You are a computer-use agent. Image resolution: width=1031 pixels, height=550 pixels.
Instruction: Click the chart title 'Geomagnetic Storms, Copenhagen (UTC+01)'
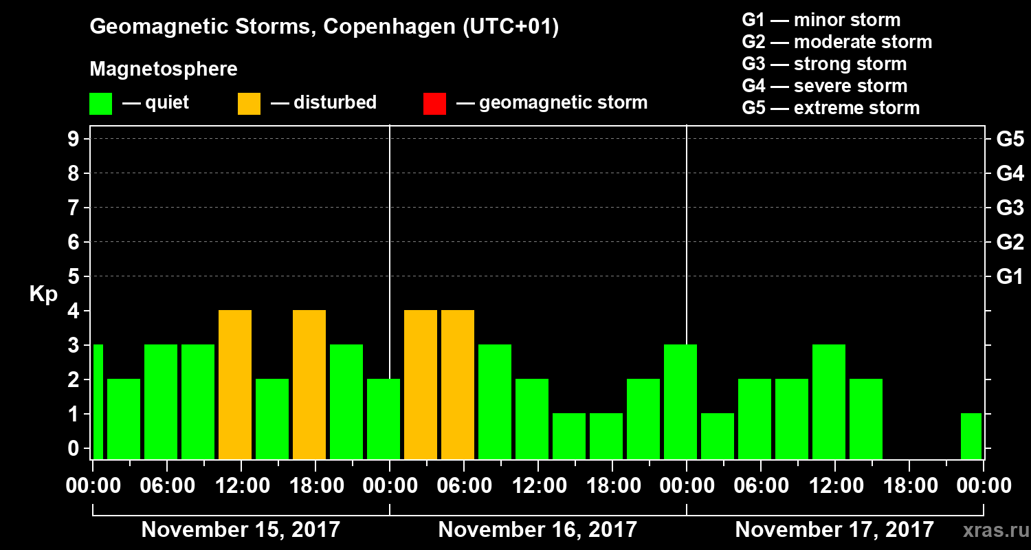324,27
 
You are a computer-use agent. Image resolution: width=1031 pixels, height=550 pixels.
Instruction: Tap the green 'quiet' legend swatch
100,103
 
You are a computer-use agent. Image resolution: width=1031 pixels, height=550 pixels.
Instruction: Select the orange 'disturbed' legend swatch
249,103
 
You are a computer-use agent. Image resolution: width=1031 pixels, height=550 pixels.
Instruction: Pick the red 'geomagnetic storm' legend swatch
434,103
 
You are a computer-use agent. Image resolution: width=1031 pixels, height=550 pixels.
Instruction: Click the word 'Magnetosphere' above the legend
164,69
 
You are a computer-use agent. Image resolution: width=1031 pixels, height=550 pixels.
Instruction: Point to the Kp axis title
43,294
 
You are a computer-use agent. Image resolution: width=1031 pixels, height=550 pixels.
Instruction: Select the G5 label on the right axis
1010,140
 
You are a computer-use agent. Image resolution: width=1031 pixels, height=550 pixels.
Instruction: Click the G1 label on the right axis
1010,277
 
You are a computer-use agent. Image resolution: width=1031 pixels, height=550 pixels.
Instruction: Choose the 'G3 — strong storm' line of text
824,64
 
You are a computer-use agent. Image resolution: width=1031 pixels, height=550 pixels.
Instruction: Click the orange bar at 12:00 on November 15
235,384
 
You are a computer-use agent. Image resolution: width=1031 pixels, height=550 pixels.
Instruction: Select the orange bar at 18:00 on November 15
309,384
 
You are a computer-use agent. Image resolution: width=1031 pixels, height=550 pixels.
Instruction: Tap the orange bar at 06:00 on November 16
458,384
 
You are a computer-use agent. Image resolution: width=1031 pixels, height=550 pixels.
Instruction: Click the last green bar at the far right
971,436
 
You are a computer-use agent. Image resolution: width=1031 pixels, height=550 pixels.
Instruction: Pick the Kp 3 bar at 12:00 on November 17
829,401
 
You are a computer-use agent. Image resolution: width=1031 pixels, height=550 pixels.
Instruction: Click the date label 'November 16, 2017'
537,530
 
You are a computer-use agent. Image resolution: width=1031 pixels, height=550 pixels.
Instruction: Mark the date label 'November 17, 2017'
834,530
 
